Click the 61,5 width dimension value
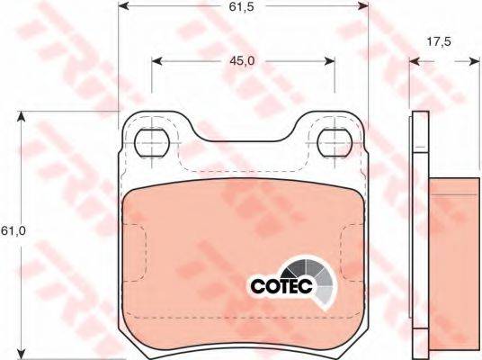point(241,7)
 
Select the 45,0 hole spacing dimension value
point(242,61)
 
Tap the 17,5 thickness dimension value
point(439,41)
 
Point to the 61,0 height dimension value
point(13,230)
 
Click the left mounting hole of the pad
point(152,142)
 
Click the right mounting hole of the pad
point(335,143)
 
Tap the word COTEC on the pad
point(281,286)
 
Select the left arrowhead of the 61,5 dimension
point(123,5)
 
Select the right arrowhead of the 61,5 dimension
point(363,5)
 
